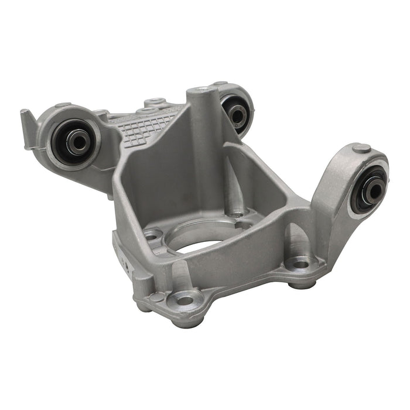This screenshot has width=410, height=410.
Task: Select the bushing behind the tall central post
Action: tap(237, 114)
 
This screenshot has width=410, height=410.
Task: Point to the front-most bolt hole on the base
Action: tap(186, 300)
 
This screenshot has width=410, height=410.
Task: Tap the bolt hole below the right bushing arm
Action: tap(300, 265)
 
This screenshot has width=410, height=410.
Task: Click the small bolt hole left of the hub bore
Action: tap(153, 236)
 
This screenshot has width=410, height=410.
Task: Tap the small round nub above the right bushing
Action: tap(363, 148)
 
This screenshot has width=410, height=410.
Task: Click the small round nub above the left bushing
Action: tap(63, 107)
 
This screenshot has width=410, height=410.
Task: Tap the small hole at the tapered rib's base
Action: tap(235, 213)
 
